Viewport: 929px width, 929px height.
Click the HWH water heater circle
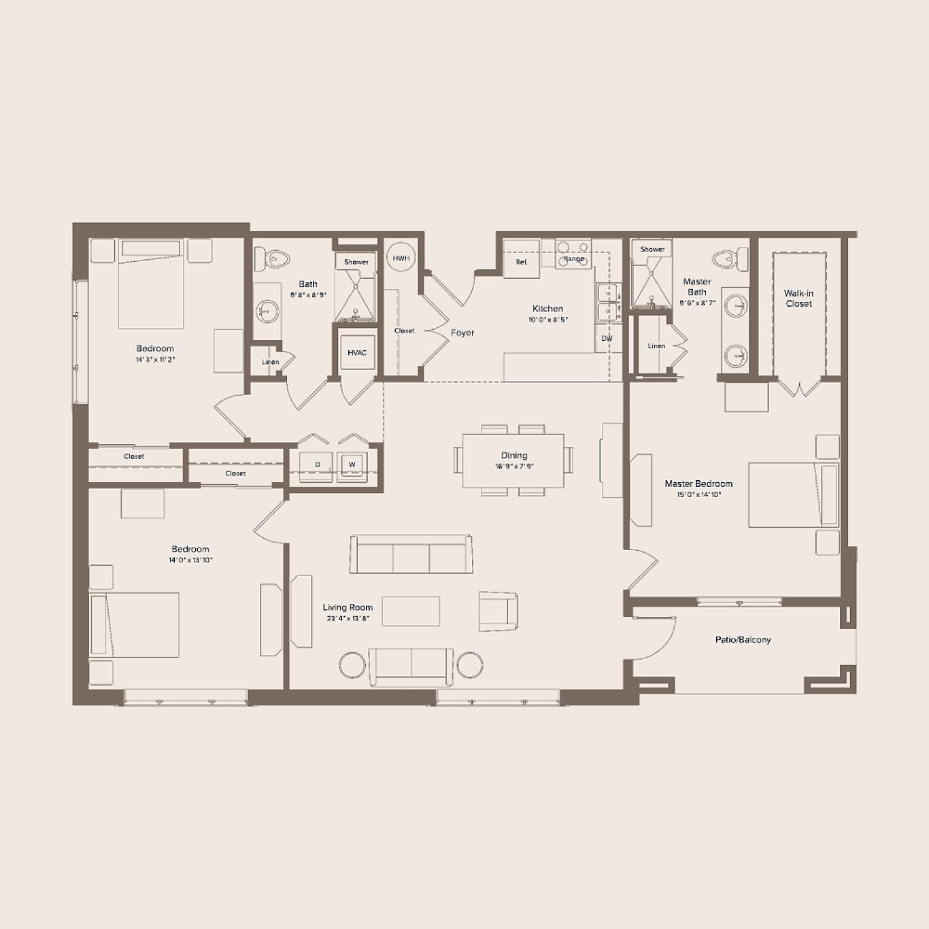click(401, 258)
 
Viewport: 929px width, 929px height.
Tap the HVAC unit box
click(357, 352)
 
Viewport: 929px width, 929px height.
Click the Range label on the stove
click(574, 259)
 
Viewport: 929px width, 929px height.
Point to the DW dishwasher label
click(607, 339)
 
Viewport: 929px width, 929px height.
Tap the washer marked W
click(352, 464)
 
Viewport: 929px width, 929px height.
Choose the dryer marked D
click(317, 464)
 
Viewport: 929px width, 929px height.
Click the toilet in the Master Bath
click(730, 257)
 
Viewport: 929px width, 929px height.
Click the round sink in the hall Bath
click(266, 311)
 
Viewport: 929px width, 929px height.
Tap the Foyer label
click(462, 333)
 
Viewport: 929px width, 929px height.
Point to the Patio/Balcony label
click(743, 640)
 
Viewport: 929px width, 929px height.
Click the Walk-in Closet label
click(798, 299)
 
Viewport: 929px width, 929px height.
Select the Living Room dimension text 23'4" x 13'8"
click(348, 618)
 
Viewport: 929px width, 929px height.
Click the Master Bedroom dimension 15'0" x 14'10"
click(698, 494)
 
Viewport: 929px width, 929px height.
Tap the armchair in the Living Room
click(499, 611)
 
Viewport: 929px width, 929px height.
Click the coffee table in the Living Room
click(411, 611)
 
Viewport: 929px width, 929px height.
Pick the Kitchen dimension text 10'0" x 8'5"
click(548, 320)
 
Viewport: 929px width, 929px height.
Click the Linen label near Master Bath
click(656, 345)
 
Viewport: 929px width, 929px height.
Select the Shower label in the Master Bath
click(652, 249)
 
